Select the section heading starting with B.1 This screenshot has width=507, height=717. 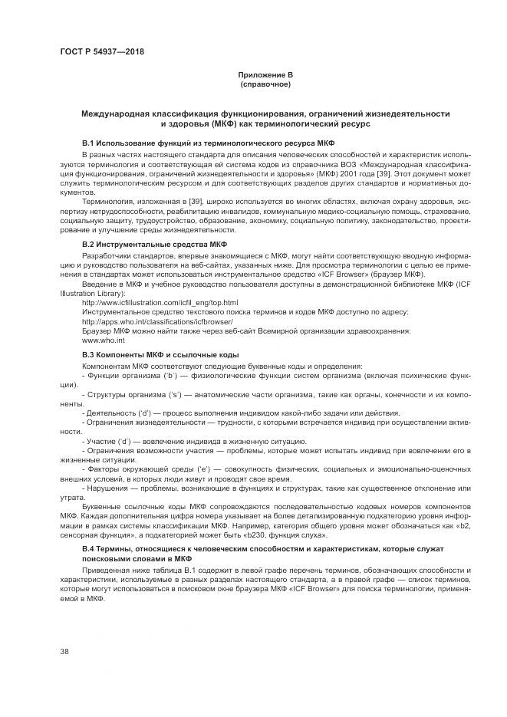pos(207,143)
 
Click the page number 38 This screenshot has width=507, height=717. pos(64,650)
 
